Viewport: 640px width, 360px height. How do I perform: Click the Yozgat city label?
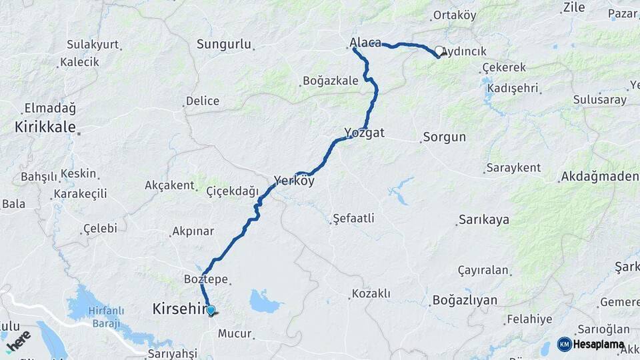tap(365, 133)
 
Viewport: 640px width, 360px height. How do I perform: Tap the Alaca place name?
tap(365, 43)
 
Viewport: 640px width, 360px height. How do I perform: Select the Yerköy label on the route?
tap(294, 180)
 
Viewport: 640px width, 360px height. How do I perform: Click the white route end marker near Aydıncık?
tap(439, 51)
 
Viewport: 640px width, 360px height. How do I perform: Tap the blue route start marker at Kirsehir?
tap(211, 310)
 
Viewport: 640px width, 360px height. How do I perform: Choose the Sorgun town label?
tap(445, 137)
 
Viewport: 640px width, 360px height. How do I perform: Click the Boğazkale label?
tap(331, 81)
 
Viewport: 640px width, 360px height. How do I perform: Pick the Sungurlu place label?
tap(224, 45)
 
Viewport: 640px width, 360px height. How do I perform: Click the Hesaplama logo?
tap(591, 345)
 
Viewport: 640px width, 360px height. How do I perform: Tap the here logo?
tap(18, 341)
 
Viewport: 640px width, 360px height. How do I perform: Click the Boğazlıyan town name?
tap(465, 300)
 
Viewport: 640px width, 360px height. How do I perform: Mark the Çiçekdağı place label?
tap(232, 191)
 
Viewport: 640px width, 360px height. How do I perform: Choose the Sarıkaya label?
tap(484, 220)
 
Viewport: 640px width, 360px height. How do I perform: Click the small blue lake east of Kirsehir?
tap(265, 301)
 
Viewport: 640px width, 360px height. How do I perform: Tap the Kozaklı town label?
tap(371, 293)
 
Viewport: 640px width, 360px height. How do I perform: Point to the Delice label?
tap(203, 101)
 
